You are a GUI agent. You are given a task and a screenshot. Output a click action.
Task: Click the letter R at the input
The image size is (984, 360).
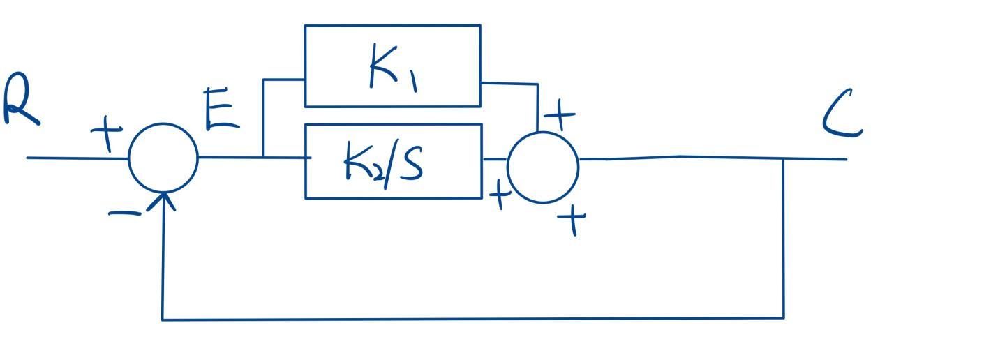pyautogui.click(x=20, y=103)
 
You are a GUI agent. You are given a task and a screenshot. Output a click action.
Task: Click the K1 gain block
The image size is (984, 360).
pyautogui.click(x=392, y=66)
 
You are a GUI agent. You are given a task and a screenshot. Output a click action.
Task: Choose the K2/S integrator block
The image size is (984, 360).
pyautogui.click(x=393, y=161)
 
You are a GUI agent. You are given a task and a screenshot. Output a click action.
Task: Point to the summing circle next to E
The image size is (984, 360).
pyautogui.click(x=163, y=158)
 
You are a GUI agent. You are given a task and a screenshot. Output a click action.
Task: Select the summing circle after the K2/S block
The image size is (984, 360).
pyautogui.click(x=543, y=167)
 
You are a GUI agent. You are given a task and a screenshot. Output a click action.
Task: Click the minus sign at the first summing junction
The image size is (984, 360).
pyautogui.click(x=124, y=212)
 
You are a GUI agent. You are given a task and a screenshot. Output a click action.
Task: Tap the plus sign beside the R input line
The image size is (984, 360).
pyautogui.click(x=107, y=133)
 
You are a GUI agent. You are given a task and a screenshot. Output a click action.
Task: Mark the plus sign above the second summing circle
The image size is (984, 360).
pyautogui.click(x=560, y=114)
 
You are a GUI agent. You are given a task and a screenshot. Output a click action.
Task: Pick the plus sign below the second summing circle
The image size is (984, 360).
pyautogui.click(x=573, y=220)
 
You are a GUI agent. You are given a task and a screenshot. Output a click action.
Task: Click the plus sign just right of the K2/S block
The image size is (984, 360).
pyautogui.click(x=498, y=195)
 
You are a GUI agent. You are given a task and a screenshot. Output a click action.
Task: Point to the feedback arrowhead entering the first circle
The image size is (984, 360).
pyautogui.click(x=164, y=200)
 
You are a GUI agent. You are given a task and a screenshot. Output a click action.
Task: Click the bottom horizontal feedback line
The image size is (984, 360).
pyautogui.click(x=475, y=319)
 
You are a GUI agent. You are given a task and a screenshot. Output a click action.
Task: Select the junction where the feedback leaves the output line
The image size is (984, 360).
pyautogui.click(x=783, y=159)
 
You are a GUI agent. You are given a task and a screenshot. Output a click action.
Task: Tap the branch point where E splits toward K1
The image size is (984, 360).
pyautogui.click(x=263, y=158)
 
